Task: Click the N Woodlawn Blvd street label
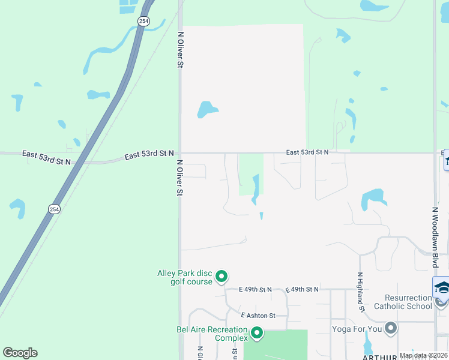(x=435, y=238)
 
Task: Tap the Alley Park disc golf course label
(x=185, y=277)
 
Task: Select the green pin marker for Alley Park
(x=221, y=277)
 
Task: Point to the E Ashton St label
(x=258, y=316)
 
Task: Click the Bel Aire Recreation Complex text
(x=212, y=334)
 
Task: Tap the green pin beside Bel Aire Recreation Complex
(x=257, y=332)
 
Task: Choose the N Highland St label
(x=361, y=292)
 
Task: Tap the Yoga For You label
(x=357, y=329)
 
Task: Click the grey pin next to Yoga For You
(x=391, y=328)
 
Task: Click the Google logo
(x=20, y=353)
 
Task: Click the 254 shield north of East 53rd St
(x=143, y=20)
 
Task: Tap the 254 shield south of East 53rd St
(x=54, y=209)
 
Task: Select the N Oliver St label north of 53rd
(x=179, y=49)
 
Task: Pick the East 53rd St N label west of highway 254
(x=46, y=157)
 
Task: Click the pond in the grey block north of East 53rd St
(x=207, y=110)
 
